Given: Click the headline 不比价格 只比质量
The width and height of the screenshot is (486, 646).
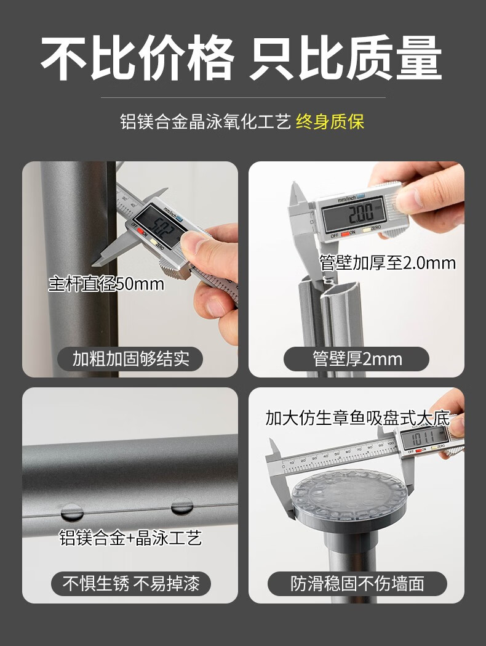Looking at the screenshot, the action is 242,58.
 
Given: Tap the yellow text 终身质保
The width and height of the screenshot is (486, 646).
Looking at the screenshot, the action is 330,122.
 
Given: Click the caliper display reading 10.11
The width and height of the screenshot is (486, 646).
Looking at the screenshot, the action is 423,437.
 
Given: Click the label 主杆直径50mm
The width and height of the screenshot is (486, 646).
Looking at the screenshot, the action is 106,284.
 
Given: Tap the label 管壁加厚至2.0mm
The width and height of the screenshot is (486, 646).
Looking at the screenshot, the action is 388,263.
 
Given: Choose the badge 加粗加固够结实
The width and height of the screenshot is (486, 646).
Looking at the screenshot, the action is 130,359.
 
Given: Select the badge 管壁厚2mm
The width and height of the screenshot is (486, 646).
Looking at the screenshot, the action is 356,359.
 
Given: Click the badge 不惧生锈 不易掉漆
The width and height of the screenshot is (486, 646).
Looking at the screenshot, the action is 131,583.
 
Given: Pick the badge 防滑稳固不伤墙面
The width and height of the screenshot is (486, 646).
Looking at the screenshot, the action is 357,583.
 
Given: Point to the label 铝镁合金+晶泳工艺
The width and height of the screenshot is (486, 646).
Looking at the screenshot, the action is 130,538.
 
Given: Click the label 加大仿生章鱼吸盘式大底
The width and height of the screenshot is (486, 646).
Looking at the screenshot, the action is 357,418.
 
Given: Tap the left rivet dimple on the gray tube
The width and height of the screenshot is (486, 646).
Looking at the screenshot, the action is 72,512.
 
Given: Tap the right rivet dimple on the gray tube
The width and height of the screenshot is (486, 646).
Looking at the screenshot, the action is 182,506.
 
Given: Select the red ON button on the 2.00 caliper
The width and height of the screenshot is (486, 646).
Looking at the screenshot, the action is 345,233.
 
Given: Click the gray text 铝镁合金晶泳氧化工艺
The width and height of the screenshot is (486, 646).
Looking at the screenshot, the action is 205,122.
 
